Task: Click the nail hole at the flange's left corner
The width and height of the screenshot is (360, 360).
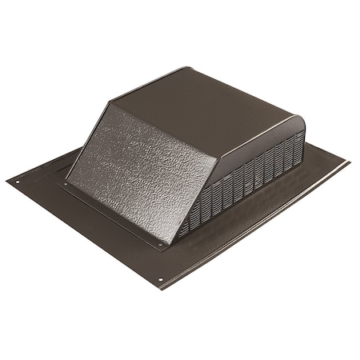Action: click(x=18, y=182)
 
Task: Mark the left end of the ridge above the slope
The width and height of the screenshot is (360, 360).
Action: click(x=111, y=103)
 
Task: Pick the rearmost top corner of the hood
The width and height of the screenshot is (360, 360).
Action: click(x=189, y=68)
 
